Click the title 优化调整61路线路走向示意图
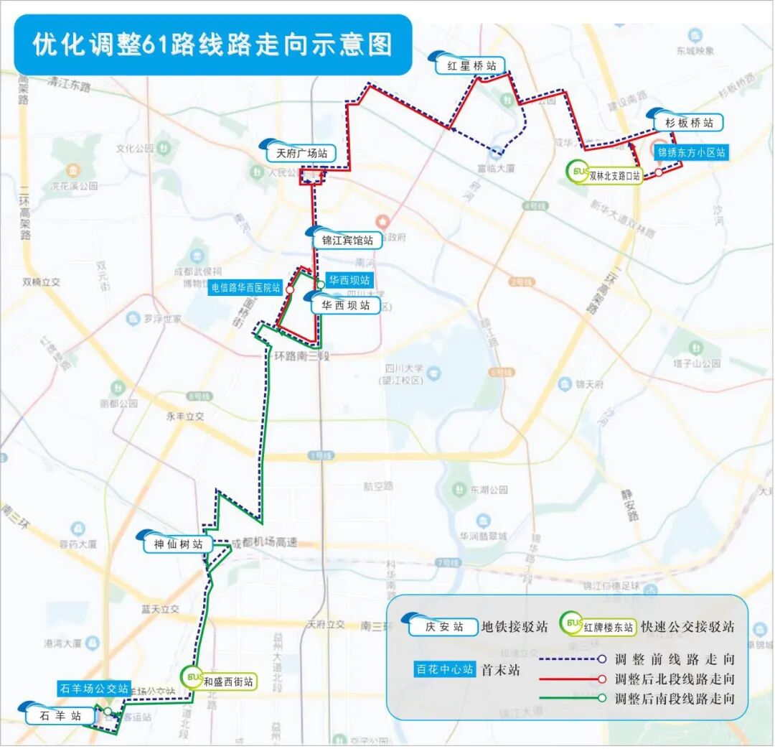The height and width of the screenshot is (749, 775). pyautogui.click(x=213, y=45)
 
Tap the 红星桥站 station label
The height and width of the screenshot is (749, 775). pyautogui.click(x=471, y=66)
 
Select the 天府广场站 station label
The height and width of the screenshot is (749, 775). pyautogui.click(x=301, y=153)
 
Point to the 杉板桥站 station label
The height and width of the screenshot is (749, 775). pyautogui.click(x=689, y=123)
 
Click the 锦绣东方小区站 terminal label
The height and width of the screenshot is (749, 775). pyautogui.click(x=692, y=152)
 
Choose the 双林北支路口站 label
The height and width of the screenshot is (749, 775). pyautogui.click(x=614, y=175)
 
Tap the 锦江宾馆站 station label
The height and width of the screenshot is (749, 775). pyautogui.click(x=347, y=241)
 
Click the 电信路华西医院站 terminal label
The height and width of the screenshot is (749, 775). pyautogui.click(x=245, y=288)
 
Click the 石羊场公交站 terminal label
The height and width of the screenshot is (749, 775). pyautogui.click(x=93, y=688)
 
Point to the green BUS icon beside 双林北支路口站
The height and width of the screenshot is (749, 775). pyautogui.click(x=578, y=171)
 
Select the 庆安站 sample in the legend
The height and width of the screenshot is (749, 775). pyautogui.click(x=442, y=627)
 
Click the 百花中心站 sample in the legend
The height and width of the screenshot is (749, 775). pyautogui.click(x=445, y=669)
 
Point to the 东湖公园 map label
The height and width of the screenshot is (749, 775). pyautogui.click(x=489, y=490)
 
